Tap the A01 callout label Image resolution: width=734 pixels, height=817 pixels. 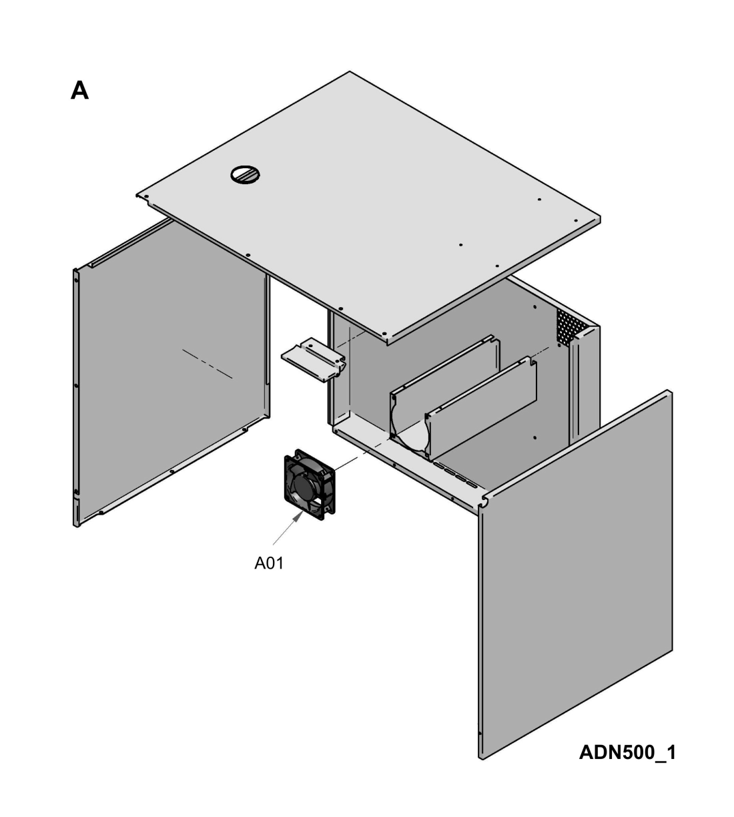click(x=269, y=563)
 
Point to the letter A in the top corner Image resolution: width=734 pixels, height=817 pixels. click(x=79, y=90)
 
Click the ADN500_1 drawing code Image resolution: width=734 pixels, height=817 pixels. click(x=627, y=752)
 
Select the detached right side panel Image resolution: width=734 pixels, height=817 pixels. click(x=575, y=574)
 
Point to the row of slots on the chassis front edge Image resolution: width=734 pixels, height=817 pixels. click(x=454, y=471)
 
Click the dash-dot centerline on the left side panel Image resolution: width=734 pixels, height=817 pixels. click(x=207, y=363)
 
